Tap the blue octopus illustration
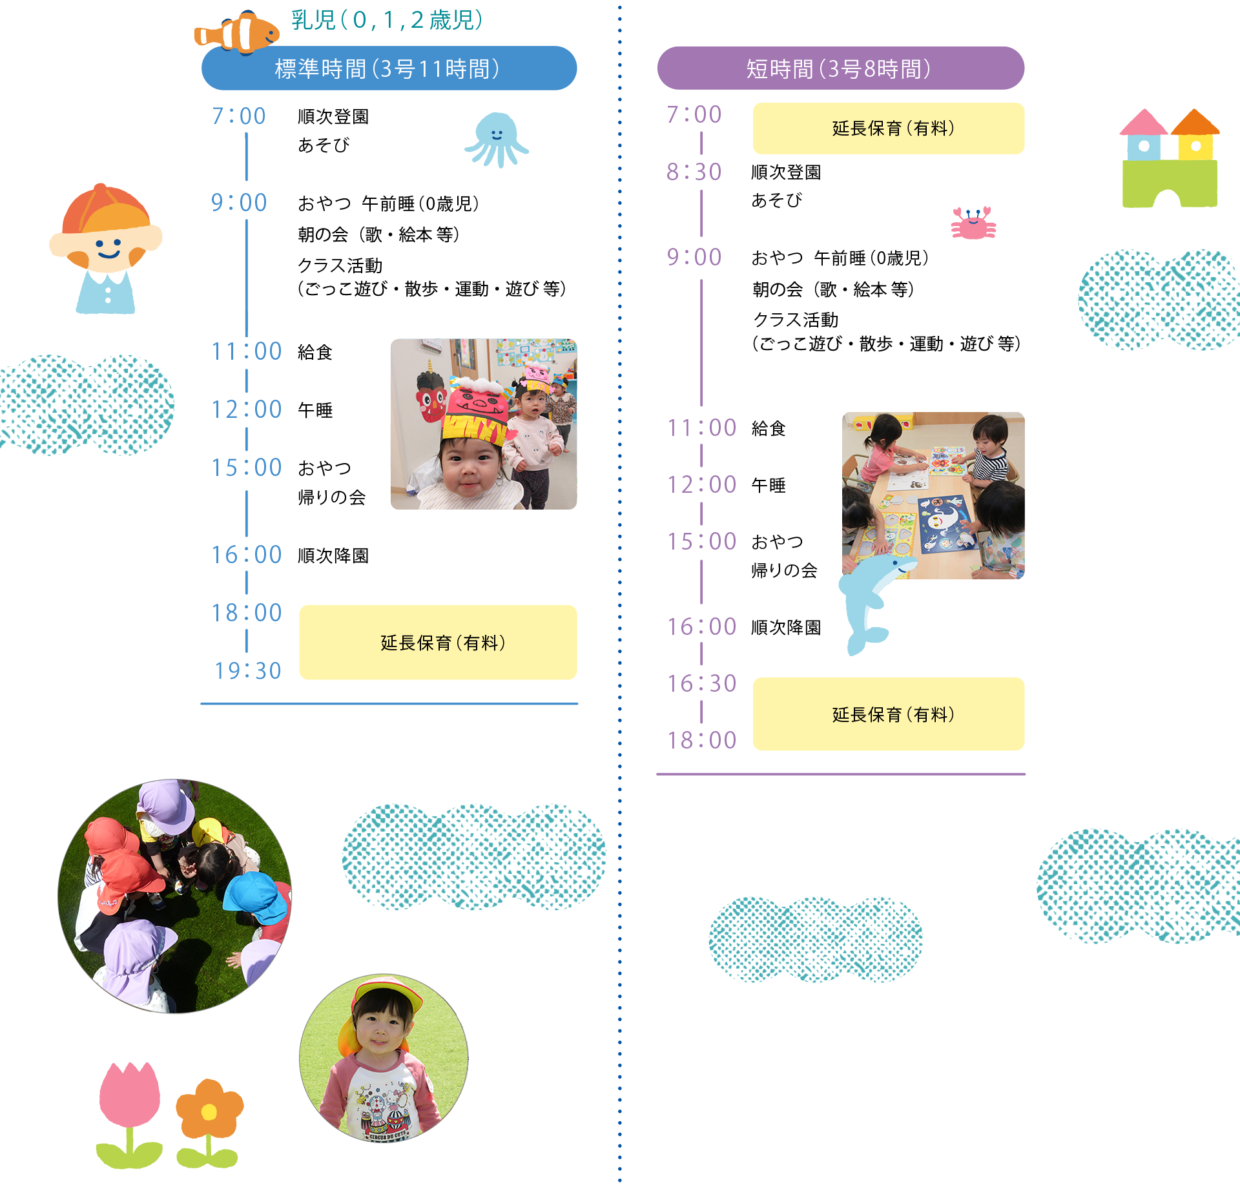point(496,138)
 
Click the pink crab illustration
point(973,223)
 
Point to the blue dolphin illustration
point(872,601)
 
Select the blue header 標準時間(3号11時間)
point(389,68)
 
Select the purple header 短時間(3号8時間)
point(840,68)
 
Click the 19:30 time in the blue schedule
point(248,671)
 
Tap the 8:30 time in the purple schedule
point(694,172)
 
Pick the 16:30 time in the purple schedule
point(701,683)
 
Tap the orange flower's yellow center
point(209,1111)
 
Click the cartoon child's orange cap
point(107,210)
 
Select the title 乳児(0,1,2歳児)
point(386,21)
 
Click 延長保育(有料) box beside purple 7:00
point(889,129)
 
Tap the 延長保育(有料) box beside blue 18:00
point(438,642)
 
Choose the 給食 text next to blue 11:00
point(315,352)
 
